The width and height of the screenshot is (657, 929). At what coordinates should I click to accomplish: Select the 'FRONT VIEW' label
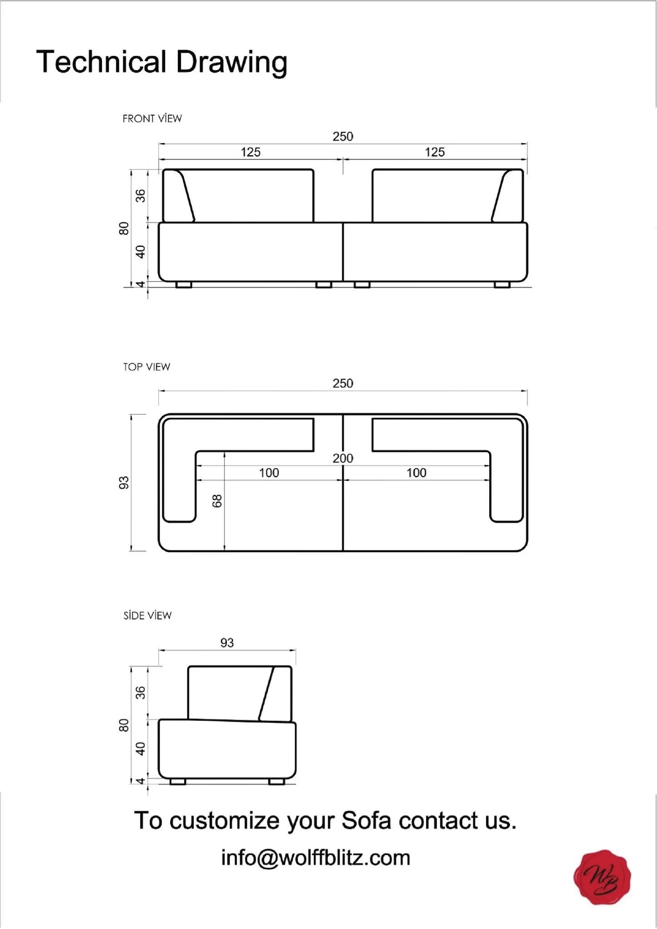click(152, 119)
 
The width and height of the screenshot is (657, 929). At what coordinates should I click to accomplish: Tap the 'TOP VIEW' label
click(146, 367)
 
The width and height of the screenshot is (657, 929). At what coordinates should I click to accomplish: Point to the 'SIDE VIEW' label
click(147, 616)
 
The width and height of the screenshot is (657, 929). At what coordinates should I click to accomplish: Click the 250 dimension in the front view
click(342, 136)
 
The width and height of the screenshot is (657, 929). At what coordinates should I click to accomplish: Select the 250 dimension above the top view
click(342, 383)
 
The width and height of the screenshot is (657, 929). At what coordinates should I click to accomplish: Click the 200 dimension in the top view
click(342, 458)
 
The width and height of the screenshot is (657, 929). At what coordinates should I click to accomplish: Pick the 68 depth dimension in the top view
click(217, 501)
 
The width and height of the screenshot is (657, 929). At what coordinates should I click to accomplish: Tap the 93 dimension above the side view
click(227, 643)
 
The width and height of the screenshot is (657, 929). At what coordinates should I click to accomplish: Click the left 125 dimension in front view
click(250, 152)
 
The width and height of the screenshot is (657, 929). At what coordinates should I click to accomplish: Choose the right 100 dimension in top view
click(416, 473)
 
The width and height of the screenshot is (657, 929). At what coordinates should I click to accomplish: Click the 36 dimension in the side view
click(141, 693)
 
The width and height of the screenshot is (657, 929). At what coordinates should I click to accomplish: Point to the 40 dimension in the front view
click(141, 251)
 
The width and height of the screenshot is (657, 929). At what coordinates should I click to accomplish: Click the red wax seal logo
click(602, 877)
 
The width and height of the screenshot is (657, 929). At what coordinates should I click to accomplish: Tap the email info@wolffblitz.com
click(316, 858)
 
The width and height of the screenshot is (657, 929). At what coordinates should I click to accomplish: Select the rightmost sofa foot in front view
click(502, 285)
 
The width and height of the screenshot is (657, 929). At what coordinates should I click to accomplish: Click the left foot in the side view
click(177, 782)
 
